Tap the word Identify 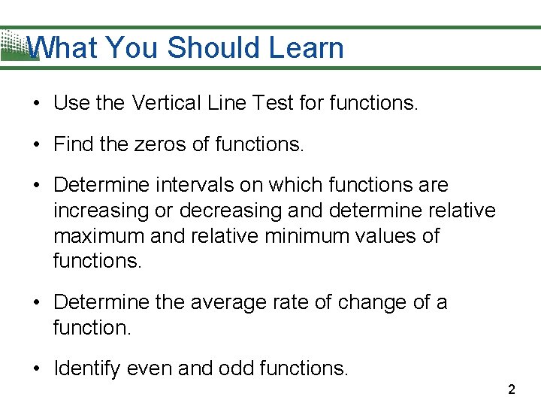click(85, 368)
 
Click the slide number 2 click(512, 389)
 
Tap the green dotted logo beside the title click(15, 45)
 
